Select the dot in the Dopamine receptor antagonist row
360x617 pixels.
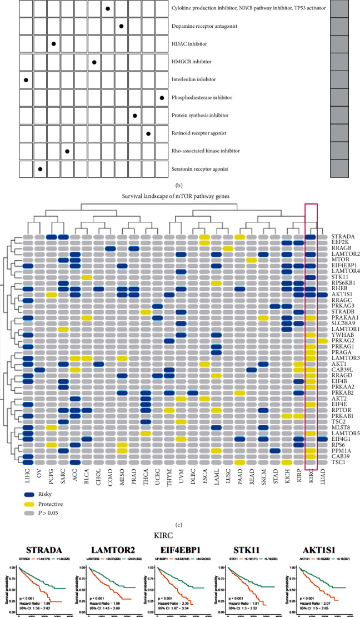point(121,26)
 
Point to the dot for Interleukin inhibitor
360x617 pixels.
point(27,80)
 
